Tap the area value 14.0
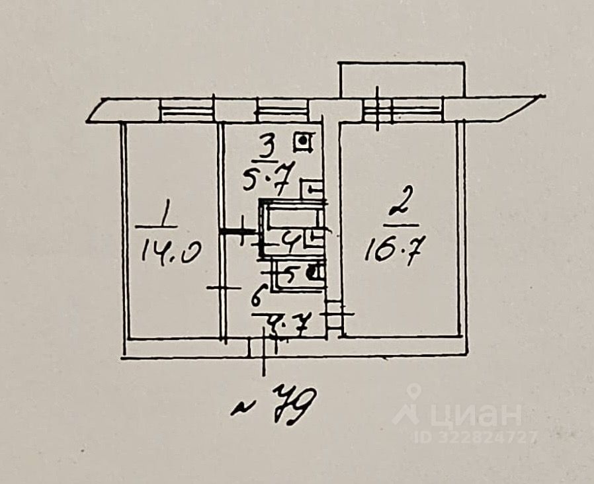point(168,253)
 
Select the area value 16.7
point(394,251)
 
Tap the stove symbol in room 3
point(304,141)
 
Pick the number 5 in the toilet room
point(289,272)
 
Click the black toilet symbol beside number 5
point(318,270)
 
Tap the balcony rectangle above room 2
point(402,79)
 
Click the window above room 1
point(187,110)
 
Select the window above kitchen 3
point(282,110)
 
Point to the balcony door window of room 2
point(402,110)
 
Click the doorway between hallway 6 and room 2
point(335,314)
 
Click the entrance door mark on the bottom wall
point(263,346)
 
